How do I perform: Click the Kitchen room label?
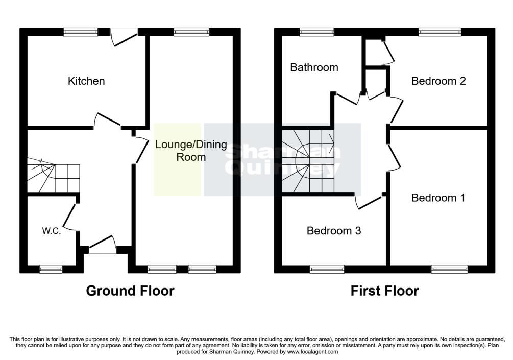86,81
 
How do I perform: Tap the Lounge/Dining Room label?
191,151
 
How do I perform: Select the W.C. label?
52,231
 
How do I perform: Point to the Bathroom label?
314,67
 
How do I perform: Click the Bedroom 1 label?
438,198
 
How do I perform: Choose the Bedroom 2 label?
438,81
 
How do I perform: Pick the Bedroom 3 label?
334,231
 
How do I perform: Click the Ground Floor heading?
130,291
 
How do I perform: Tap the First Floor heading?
385,291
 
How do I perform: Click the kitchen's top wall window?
81,32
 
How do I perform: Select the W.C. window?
51,269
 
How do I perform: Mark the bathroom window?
316,32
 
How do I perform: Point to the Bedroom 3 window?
327,269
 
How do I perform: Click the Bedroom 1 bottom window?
450,269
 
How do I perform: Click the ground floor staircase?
53,176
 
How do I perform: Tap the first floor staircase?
308,161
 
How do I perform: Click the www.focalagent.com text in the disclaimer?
312,352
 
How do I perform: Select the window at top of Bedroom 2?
440,32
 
